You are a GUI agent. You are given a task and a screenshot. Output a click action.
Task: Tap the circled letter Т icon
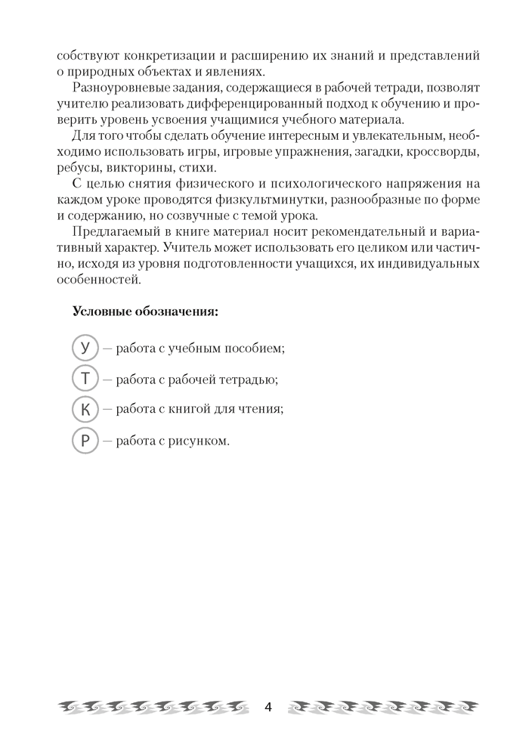(x=85, y=378)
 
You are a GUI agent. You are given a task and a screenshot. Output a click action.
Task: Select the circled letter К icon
(x=85, y=409)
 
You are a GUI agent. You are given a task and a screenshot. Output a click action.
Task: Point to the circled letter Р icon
(x=85, y=440)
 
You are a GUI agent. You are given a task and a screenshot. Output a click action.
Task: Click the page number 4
(x=268, y=708)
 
